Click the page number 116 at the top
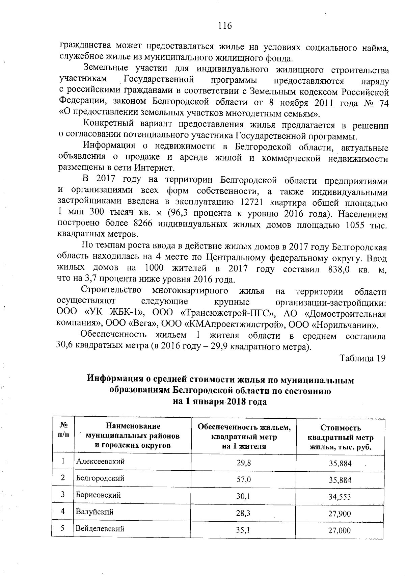coord(225,26)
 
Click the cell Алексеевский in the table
coord(100,462)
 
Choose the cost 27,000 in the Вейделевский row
coord(340,530)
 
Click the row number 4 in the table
coord(63,511)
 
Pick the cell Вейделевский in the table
coord(100,528)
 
